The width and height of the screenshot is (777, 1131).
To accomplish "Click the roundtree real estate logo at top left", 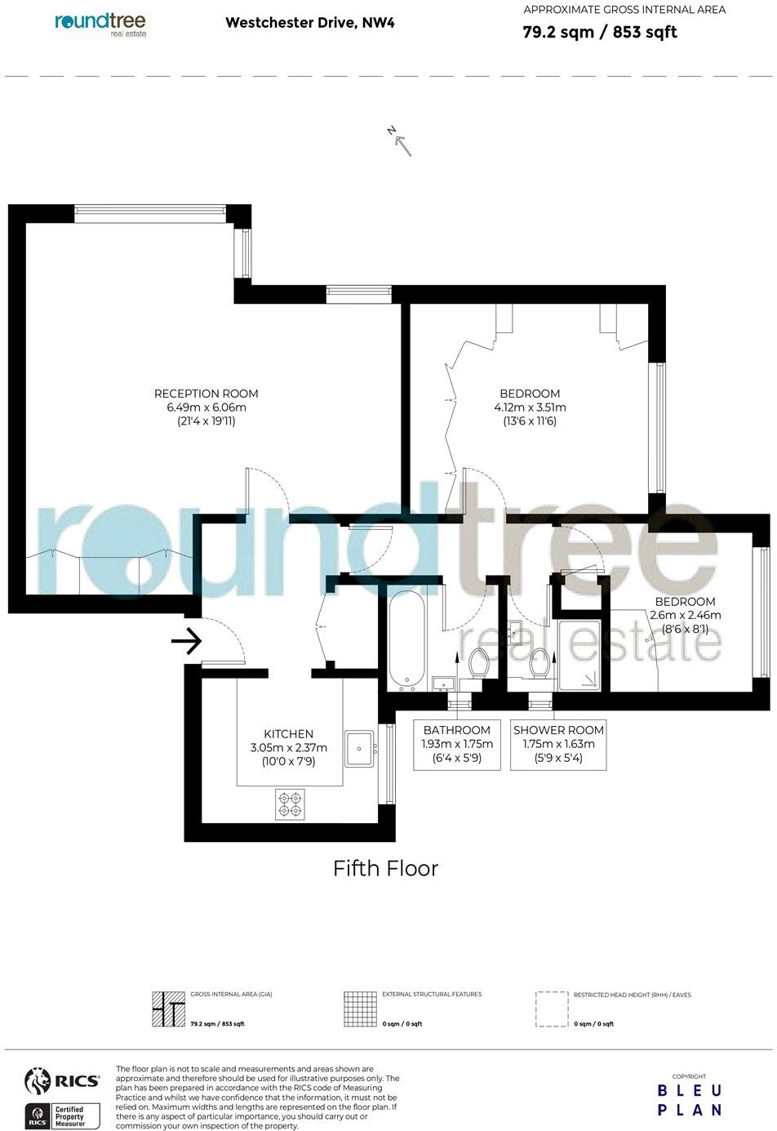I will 100,24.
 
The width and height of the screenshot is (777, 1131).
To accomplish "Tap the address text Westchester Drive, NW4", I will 309,23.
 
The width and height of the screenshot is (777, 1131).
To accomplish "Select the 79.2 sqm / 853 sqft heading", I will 599,33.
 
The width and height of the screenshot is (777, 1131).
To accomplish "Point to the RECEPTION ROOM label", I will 206,394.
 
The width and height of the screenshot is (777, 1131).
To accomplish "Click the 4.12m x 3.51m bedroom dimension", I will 530,407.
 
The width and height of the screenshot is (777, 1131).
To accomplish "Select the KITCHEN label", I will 288,734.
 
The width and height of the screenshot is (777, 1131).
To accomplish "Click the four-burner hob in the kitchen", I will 290,804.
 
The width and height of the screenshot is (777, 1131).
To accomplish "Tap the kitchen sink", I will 359,748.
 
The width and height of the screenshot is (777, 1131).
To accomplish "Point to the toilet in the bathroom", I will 477,662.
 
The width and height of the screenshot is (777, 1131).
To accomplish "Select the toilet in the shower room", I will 539,662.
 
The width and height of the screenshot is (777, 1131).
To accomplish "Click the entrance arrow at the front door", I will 187,642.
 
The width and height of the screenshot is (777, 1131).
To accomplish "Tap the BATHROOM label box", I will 457,744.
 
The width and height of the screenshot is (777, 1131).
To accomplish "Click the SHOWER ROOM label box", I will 558,744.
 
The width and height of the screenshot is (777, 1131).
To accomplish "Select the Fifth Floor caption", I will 385,868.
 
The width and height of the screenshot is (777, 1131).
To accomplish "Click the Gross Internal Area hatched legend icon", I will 168,1009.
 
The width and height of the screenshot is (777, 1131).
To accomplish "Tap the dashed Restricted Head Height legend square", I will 551,1009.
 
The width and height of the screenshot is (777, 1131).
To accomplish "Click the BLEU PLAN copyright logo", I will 690,1099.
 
